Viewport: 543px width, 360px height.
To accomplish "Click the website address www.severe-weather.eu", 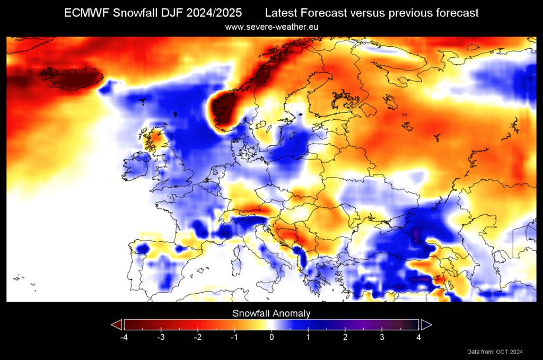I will pos(271,26).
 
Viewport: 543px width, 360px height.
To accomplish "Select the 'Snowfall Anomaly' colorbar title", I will pos(271,313).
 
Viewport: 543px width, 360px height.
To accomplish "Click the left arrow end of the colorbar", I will pos(117,324).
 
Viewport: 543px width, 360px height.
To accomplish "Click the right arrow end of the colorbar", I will pos(426,324).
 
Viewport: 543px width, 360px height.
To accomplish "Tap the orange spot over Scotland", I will pos(155,139).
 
